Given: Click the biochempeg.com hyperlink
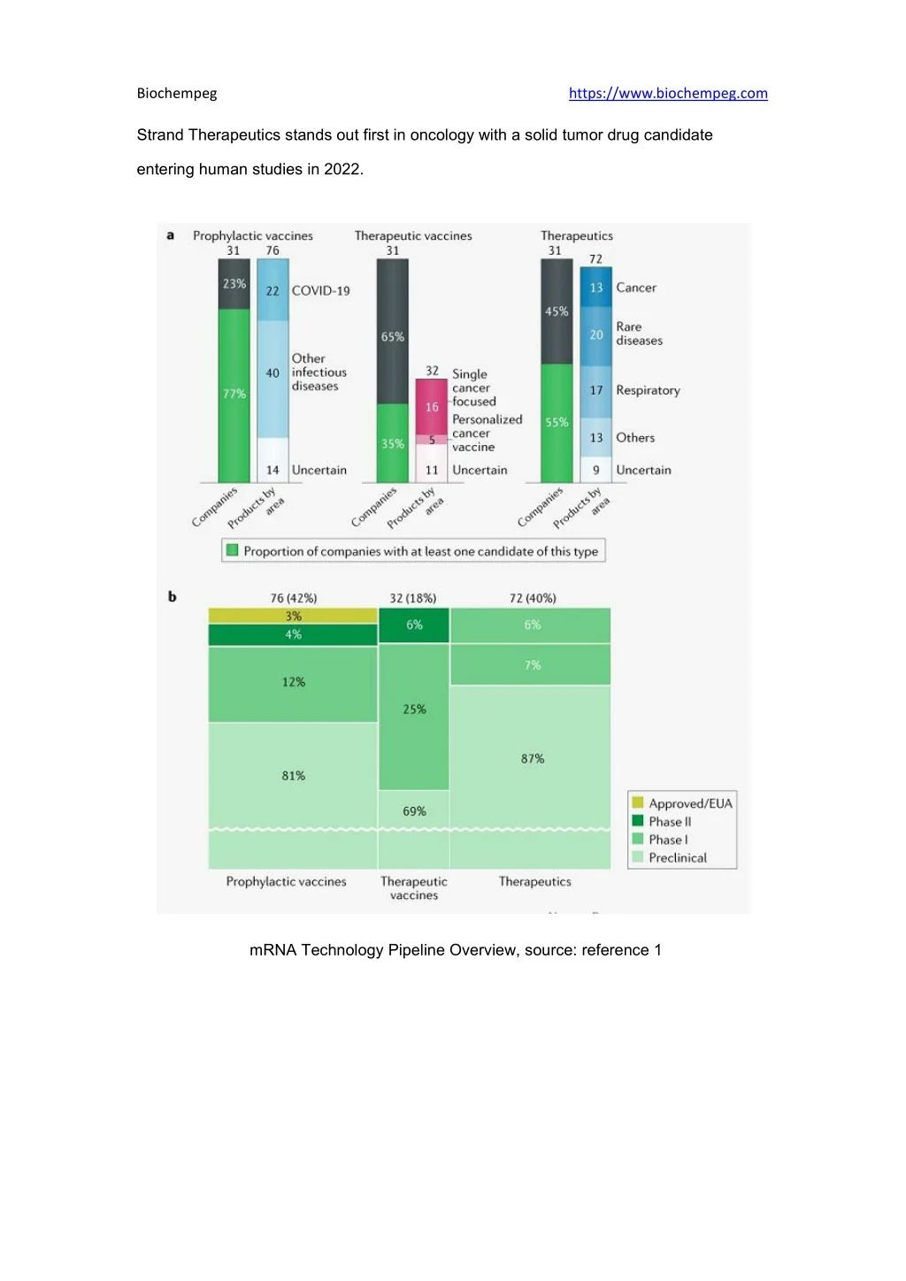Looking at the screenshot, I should (x=668, y=94).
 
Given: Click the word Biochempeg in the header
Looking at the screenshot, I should (x=177, y=94).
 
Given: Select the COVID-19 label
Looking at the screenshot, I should (x=320, y=291).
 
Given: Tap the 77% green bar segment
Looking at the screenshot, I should (x=234, y=395).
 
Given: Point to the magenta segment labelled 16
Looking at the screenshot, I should (x=432, y=407).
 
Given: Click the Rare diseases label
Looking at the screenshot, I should (x=639, y=334).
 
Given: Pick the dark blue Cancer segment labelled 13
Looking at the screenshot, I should (x=596, y=288).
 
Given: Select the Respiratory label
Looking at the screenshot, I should (x=648, y=390).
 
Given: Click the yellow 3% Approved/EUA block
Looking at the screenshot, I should (x=293, y=616).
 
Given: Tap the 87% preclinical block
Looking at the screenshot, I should (x=532, y=758).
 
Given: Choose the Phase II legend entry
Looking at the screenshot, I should (x=670, y=822).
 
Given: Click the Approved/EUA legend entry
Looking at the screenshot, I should (x=690, y=803).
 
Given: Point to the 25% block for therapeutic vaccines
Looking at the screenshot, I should (x=414, y=710).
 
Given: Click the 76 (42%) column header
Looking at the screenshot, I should (x=294, y=598).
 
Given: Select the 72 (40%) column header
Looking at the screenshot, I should (x=533, y=598).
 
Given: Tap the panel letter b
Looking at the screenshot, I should (x=173, y=597).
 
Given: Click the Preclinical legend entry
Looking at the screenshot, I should (x=677, y=858).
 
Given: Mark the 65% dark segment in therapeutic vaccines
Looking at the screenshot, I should (x=393, y=337).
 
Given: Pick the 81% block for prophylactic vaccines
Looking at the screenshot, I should (x=293, y=776).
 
